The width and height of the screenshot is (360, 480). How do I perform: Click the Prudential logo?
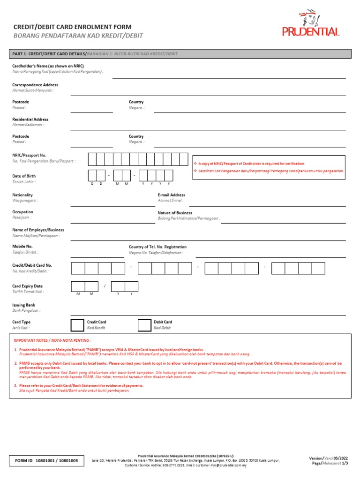(311, 24)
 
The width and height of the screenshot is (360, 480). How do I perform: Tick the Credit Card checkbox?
(77, 325)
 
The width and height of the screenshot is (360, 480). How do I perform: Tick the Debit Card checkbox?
(144, 325)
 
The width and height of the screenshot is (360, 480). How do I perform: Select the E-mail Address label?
(171, 195)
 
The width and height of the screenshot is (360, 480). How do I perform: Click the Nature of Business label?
(175, 213)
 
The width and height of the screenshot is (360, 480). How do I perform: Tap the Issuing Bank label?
(23, 305)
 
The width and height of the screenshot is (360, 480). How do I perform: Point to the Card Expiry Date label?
(27, 286)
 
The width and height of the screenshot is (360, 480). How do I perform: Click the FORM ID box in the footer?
(46, 461)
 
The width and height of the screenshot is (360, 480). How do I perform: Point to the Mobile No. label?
(22, 246)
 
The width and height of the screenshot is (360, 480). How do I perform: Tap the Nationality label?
(22, 195)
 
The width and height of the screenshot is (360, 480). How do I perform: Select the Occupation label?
(22, 212)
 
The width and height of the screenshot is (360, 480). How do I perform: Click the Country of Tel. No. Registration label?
(157, 247)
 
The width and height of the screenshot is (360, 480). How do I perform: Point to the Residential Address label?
(30, 120)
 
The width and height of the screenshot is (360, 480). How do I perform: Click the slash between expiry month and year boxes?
(105, 286)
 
